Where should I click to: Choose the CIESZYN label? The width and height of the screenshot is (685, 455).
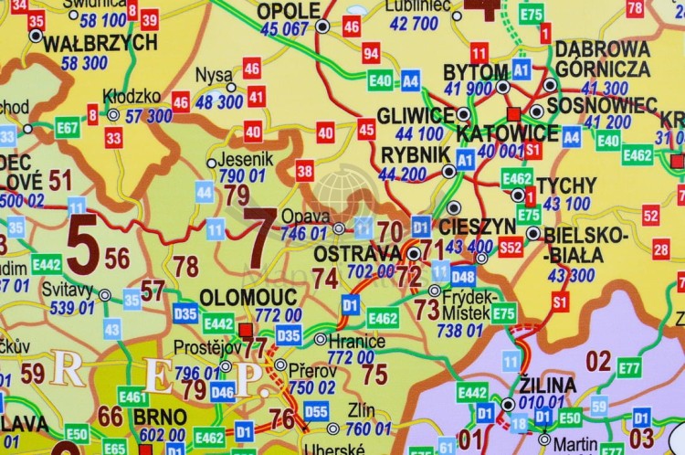click(477, 226)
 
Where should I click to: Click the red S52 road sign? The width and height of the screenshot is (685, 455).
click(511, 247)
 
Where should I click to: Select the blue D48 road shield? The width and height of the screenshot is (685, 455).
click(463, 276)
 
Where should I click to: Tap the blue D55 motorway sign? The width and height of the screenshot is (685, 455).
click(316, 410)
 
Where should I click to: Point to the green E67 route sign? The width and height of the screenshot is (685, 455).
click(67, 128)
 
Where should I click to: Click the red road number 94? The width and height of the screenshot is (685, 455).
click(371, 53)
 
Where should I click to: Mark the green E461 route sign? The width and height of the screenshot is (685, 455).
click(133, 397)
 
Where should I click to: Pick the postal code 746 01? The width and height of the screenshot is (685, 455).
click(304, 234)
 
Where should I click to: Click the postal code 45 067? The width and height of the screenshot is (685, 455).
click(284, 29)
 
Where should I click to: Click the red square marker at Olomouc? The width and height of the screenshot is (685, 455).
click(244, 329)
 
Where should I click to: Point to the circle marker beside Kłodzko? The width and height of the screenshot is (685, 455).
click(112, 115)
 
